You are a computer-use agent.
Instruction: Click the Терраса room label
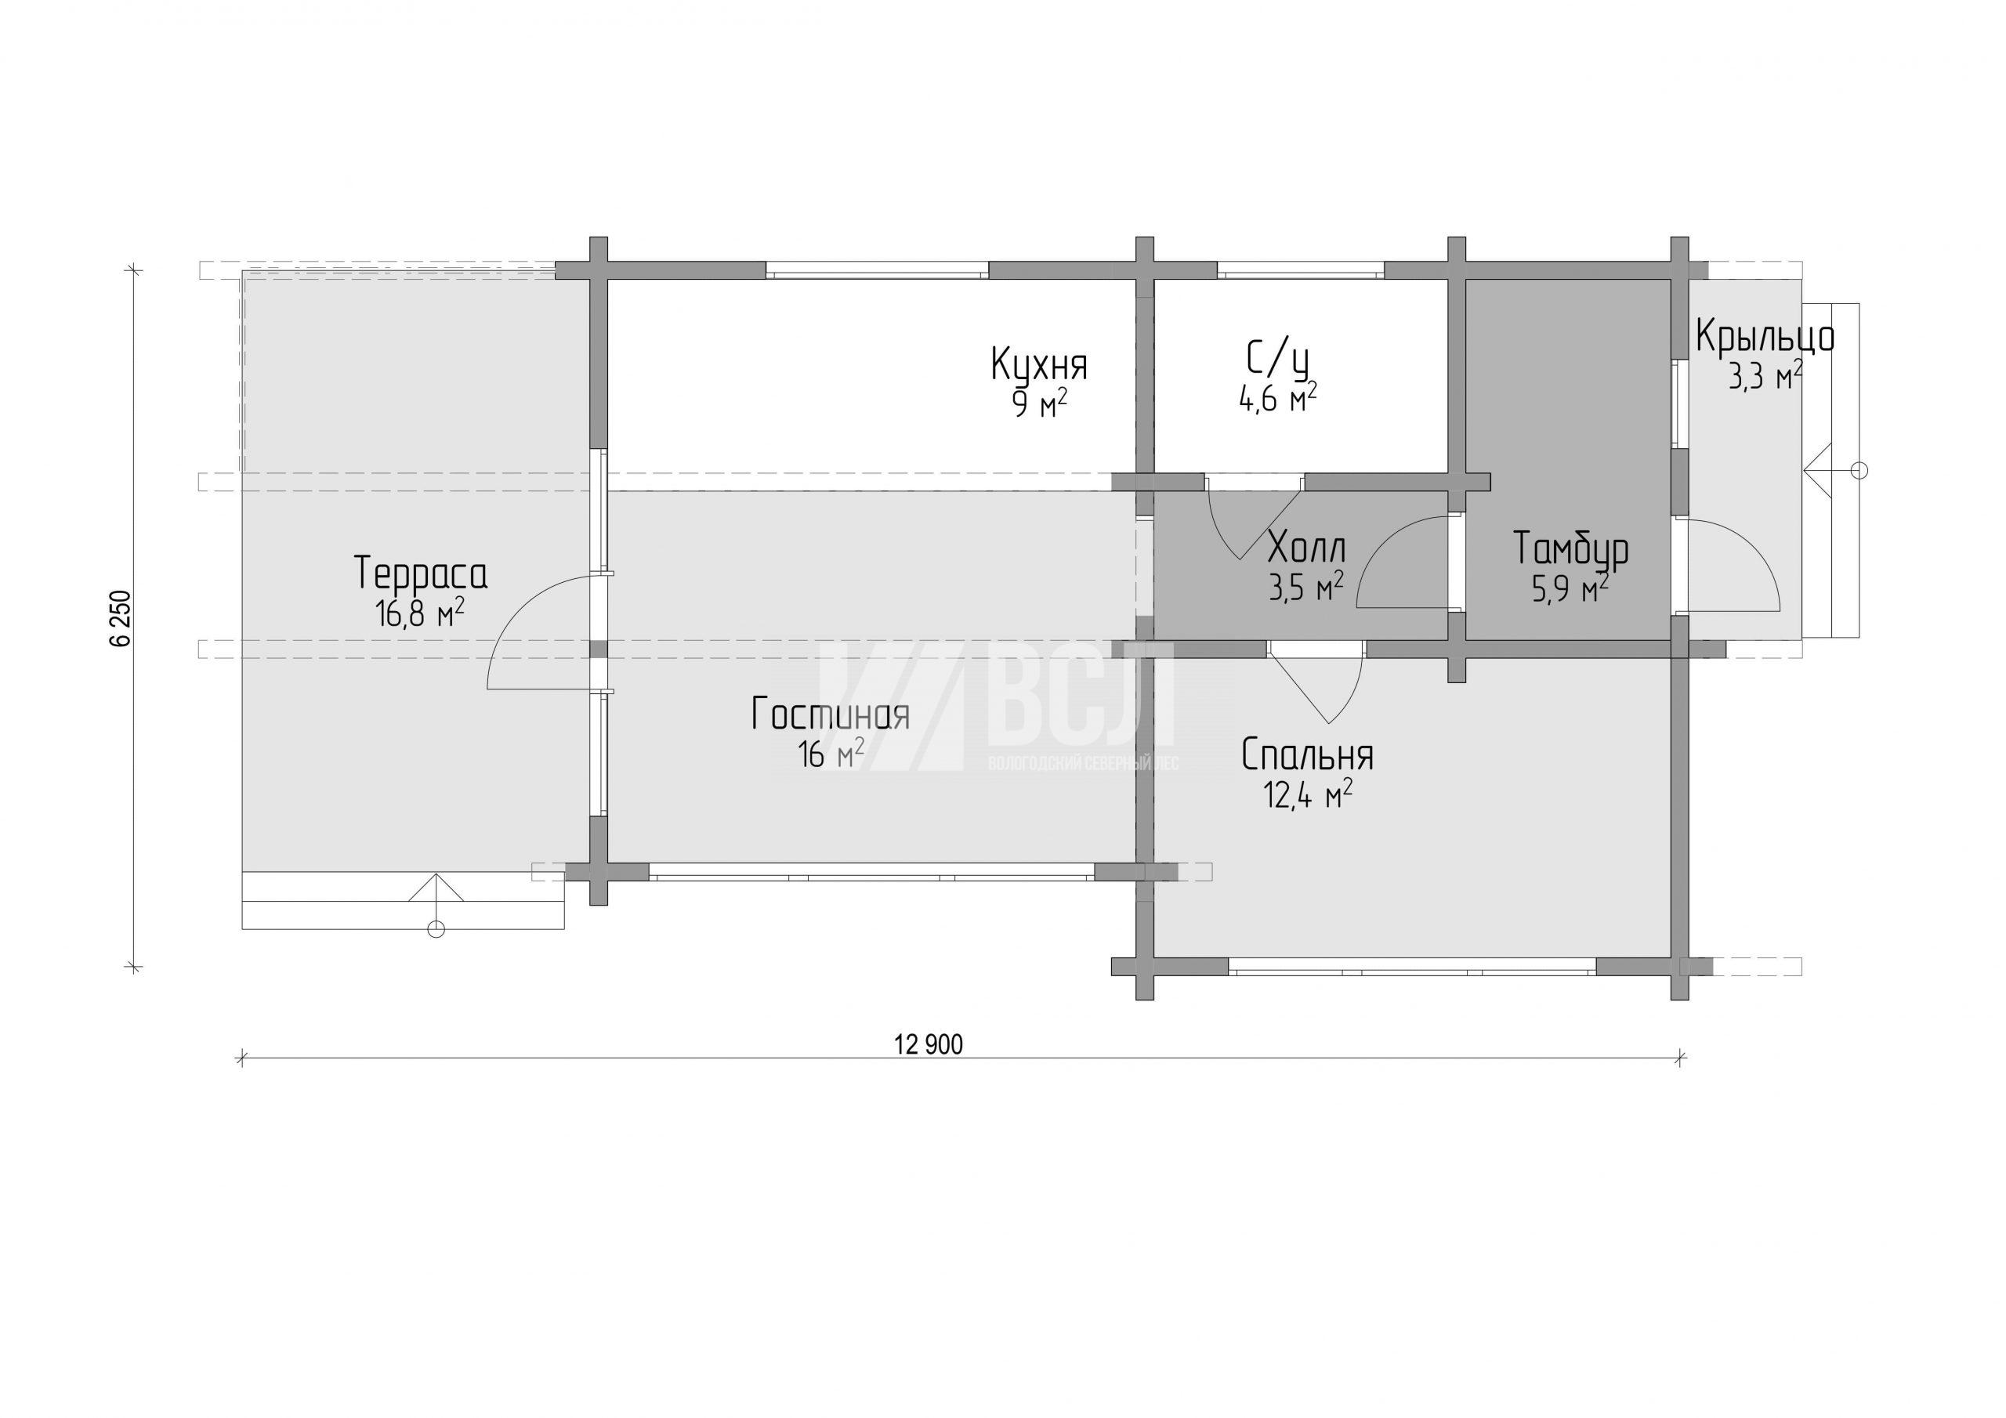[x=421, y=574]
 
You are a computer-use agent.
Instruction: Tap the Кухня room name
[x=1039, y=364]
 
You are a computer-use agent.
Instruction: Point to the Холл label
[x=1306, y=549]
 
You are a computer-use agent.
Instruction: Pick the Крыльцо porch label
[x=1765, y=337]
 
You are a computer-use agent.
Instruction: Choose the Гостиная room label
[x=830, y=714]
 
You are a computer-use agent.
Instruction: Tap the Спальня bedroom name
[x=1307, y=756]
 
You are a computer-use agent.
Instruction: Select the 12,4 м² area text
[x=1308, y=794]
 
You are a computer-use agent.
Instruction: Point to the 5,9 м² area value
[x=1570, y=589]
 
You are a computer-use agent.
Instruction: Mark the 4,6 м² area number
[x=1277, y=399]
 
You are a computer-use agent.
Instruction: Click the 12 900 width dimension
[x=929, y=1044]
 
